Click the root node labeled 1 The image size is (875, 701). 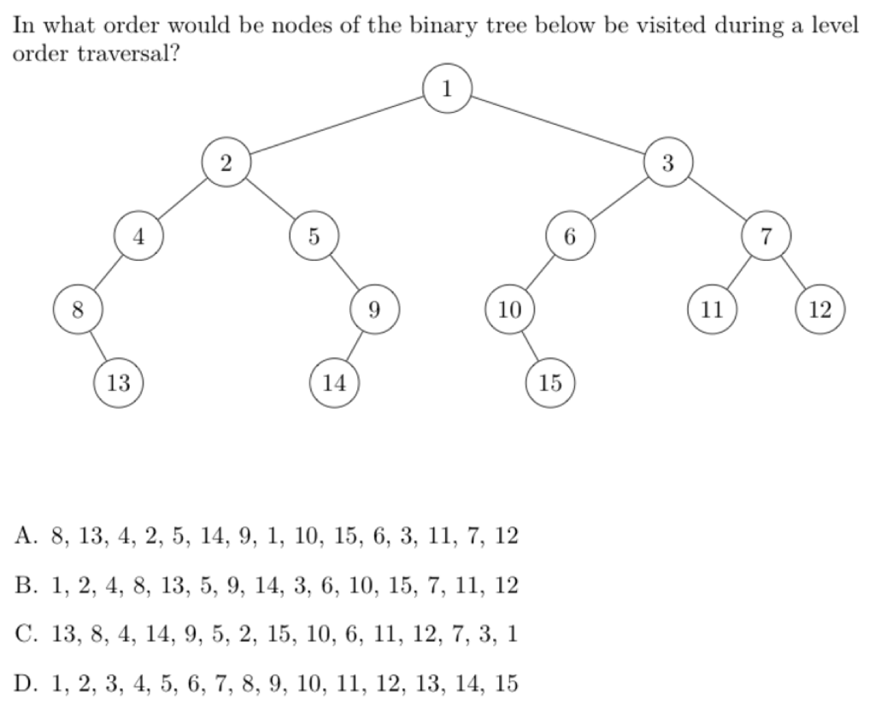446,88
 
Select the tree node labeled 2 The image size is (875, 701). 226,162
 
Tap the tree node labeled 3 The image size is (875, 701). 667,162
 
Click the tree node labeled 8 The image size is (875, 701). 77,309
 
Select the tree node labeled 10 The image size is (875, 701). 509,309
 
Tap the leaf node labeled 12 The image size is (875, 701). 819,309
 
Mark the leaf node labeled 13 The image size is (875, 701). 118,382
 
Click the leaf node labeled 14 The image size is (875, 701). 334,382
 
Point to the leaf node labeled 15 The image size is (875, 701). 550,382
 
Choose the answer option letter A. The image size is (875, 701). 25,537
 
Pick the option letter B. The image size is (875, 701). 25,586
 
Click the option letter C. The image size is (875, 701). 25,635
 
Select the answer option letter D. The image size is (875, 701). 25,684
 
